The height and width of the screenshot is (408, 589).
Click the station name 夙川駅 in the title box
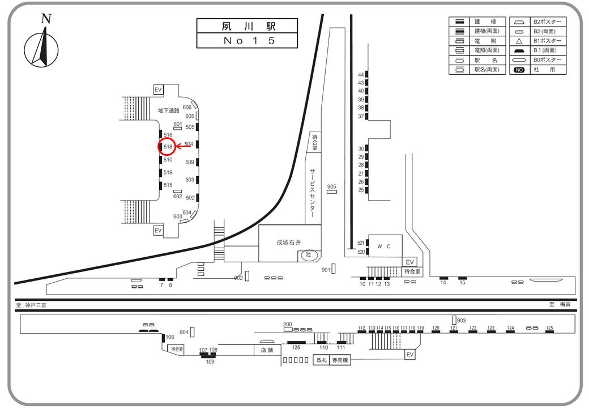pos(247,26)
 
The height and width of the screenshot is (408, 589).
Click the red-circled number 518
pos(168,147)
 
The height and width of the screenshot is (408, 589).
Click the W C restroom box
pos(385,246)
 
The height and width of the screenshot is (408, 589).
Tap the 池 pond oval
pos(309,255)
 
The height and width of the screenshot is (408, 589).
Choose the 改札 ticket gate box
pos(322,360)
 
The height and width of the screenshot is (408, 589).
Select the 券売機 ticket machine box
pos(340,360)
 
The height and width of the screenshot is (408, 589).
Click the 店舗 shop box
pos(267,350)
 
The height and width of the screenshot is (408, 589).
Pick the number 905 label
pos(332,186)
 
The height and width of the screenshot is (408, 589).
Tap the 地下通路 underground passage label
pos(169,110)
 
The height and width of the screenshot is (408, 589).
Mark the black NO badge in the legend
pos(519,70)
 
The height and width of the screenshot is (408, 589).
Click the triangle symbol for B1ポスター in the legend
pos(519,41)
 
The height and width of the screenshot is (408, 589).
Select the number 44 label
pos(361,75)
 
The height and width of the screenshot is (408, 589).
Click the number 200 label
pos(287,324)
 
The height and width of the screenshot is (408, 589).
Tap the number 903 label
pos(462,321)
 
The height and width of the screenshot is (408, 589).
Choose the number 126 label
pos(296,347)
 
